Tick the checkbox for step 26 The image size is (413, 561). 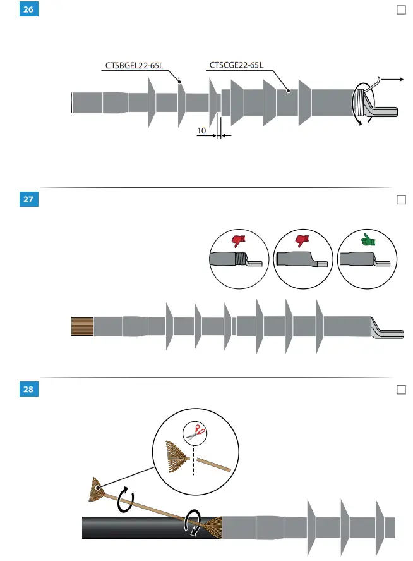[x=400, y=10]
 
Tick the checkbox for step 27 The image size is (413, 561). [x=400, y=200]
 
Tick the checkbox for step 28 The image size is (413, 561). [x=400, y=390]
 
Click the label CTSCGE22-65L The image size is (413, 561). [x=236, y=65]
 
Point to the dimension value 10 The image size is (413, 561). [x=201, y=131]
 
